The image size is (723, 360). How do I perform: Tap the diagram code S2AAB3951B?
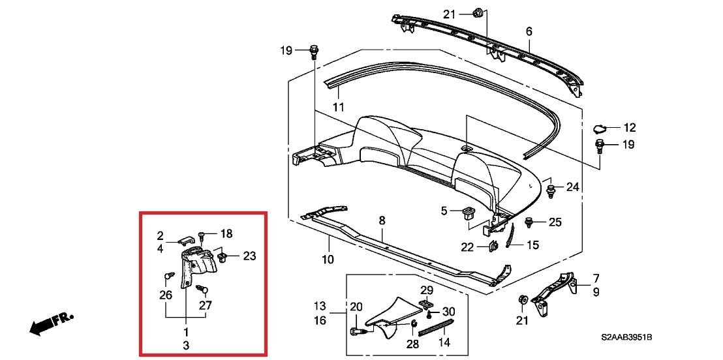click(x=626, y=338)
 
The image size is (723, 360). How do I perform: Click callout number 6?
click(x=529, y=31)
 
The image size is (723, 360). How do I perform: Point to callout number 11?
click(x=337, y=106)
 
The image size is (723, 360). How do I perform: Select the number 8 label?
click(x=382, y=221)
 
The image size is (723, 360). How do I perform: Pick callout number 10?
click(x=328, y=259)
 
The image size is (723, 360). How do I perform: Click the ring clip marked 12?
click(x=600, y=128)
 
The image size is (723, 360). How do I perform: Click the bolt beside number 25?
click(x=529, y=223)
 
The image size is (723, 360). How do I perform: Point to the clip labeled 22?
click(x=494, y=247)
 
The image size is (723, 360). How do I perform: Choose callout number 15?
click(x=533, y=245)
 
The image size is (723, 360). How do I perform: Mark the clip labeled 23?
click(x=222, y=257)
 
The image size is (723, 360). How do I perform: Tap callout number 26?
click(x=166, y=295)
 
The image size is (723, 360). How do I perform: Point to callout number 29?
click(x=426, y=290)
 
